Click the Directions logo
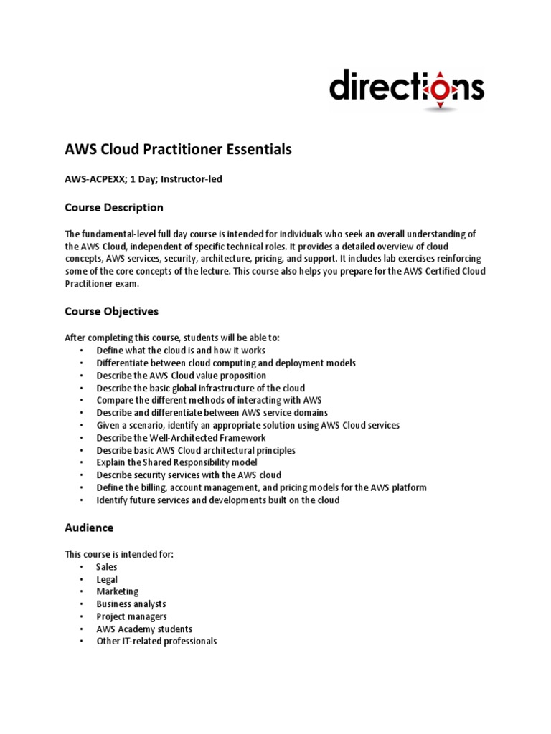tap(406, 88)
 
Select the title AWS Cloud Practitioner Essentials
tap(179, 149)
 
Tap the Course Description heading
tap(114, 208)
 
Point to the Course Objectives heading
tap(111, 312)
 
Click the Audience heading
tap(89, 528)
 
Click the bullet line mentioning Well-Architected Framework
tap(181, 437)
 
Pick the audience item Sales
tap(107, 567)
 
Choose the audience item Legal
tap(107, 579)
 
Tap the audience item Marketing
tap(118, 591)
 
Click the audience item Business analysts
tap(131, 604)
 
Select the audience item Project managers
tap(131, 616)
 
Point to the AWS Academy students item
tap(144, 629)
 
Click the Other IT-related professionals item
tap(156, 641)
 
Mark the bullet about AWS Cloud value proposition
tap(181, 376)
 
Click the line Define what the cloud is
tap(181, 351)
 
